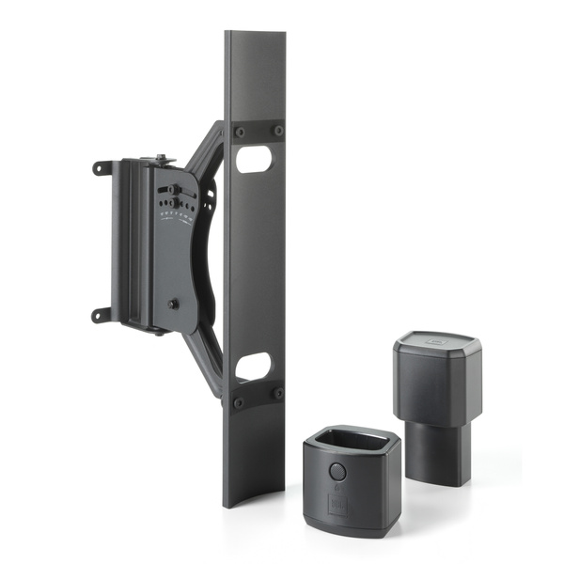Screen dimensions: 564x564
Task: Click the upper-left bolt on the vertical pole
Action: point(239,131)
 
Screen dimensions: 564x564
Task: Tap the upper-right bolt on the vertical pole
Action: point(277,131)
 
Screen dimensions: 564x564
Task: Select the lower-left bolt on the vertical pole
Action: point(239,401)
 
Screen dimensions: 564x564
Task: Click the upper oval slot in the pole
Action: point(254,160)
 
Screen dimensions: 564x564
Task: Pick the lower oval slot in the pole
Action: point(254,366)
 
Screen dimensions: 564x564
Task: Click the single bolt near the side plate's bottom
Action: point(173,305)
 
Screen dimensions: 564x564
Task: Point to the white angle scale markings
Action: point(176,220)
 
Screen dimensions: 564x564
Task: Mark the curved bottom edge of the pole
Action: point(254,503)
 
